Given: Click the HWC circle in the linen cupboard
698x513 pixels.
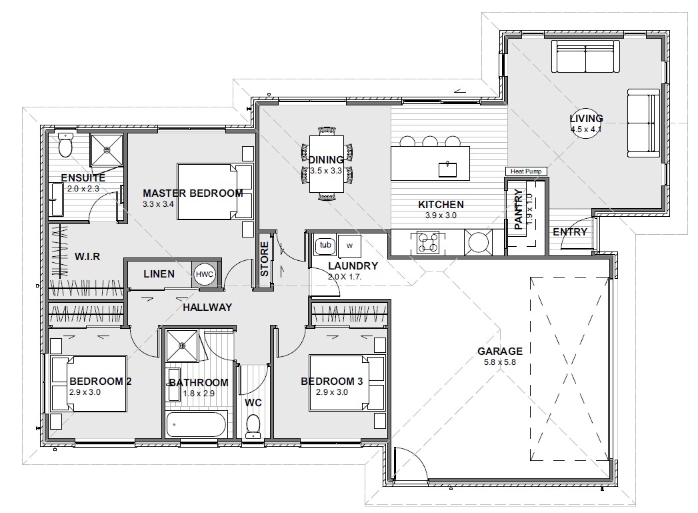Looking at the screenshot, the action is (204, 274).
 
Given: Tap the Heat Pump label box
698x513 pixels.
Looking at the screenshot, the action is (526, 171).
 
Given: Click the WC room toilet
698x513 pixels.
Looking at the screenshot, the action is (253, 426).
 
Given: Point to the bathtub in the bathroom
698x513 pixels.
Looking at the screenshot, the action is (197, 424).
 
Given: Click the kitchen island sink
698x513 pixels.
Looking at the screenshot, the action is (447, 169).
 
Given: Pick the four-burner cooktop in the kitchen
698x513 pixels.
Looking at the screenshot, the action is (428, 243).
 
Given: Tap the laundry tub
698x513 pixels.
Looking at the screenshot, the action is (325, 245).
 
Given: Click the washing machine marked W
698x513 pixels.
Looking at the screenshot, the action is (349, 245).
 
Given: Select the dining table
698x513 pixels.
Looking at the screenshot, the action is (326, 164).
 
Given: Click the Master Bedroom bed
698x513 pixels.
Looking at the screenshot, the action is (215, 191).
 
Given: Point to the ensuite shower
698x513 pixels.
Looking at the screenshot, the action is (107, 150).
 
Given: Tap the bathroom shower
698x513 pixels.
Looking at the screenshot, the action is (182, 346).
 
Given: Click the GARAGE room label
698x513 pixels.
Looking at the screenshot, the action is (500, 352).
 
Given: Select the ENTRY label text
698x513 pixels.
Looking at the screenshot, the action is (570, 232).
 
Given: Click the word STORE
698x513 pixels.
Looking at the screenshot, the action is (265, 259).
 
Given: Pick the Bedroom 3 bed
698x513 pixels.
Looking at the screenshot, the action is (347, 382).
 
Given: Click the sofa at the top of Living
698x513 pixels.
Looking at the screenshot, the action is (585, 56).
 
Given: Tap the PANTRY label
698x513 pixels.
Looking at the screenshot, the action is (518, 209).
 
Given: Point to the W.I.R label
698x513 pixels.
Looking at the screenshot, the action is (87, 257).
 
